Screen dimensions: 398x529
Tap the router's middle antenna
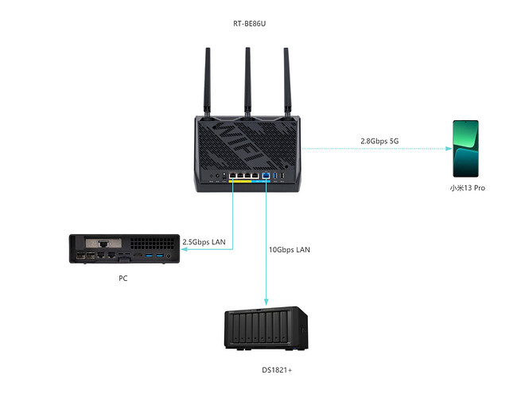(247, 80)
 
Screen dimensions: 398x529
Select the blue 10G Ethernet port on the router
(266, 177)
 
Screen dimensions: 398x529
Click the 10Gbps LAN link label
(290, 249)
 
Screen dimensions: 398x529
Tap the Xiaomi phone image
(465, 148)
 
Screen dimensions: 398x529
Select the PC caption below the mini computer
(123, 279)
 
